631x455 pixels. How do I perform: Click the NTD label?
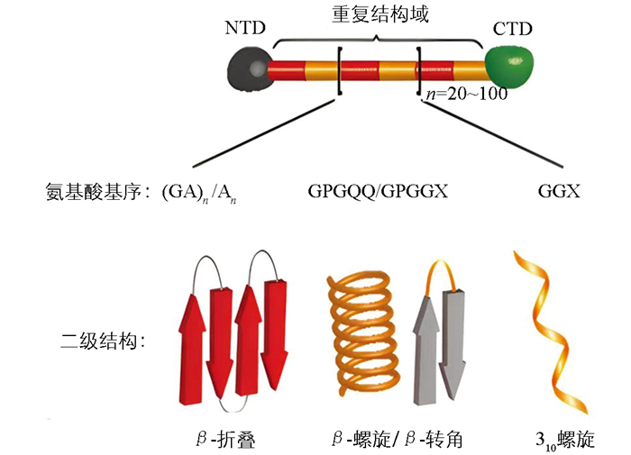[245, 28]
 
